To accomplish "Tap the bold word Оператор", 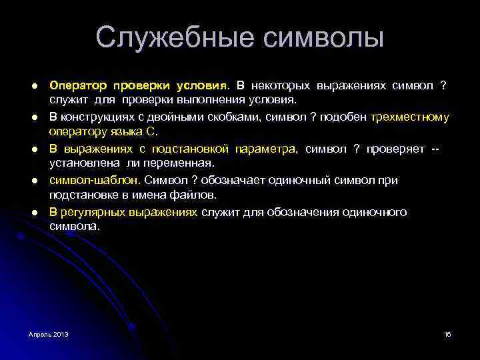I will tap(78, 87).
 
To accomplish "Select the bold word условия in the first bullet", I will tap(202, 87).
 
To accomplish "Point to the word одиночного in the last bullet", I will tap(374, 212).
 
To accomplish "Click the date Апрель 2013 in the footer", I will tap(49, 333).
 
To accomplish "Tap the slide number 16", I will tap(447, 333).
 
